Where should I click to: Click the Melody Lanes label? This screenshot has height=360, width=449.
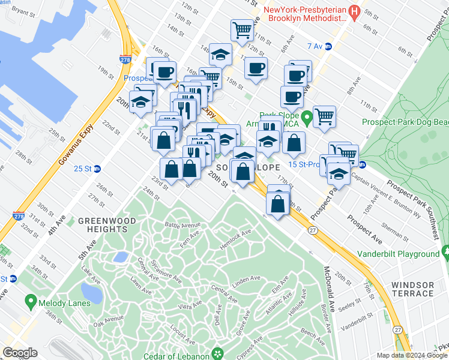click(65, 304)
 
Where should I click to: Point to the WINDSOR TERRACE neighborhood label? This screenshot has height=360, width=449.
click(412, 289)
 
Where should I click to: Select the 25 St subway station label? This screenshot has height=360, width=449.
click(83, 168)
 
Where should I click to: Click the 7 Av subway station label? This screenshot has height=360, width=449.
click(315, 46)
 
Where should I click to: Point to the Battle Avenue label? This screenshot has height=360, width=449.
click(182, 226)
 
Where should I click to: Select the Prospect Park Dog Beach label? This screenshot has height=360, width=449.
click(405, 122)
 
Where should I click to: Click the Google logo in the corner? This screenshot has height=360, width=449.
click(20, 353)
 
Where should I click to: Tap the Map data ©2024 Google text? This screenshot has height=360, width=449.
click(412, 355)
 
